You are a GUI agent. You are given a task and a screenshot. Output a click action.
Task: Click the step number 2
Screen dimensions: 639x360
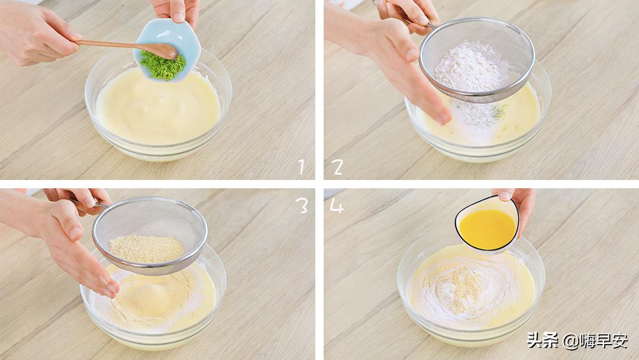[x=337, y=167]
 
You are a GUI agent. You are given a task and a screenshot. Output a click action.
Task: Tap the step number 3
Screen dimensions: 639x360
[x=303, y=206]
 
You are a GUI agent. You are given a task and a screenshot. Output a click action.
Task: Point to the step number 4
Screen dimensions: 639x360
[x=337, y=206]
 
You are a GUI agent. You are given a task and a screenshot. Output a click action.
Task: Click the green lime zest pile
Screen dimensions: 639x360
[x=163, y=65]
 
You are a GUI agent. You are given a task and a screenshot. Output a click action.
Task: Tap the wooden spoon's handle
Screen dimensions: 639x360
[x=110, y=44]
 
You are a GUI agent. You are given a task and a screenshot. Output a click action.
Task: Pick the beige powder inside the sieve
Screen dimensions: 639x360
[x=146, y=249]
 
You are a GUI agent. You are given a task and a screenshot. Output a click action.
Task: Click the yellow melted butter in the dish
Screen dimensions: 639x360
[x=487, y=229]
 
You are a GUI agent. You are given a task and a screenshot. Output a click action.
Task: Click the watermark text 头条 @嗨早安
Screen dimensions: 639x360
[x=577, y=340]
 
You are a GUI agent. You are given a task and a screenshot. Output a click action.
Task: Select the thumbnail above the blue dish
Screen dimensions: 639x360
[x=179, y=17]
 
